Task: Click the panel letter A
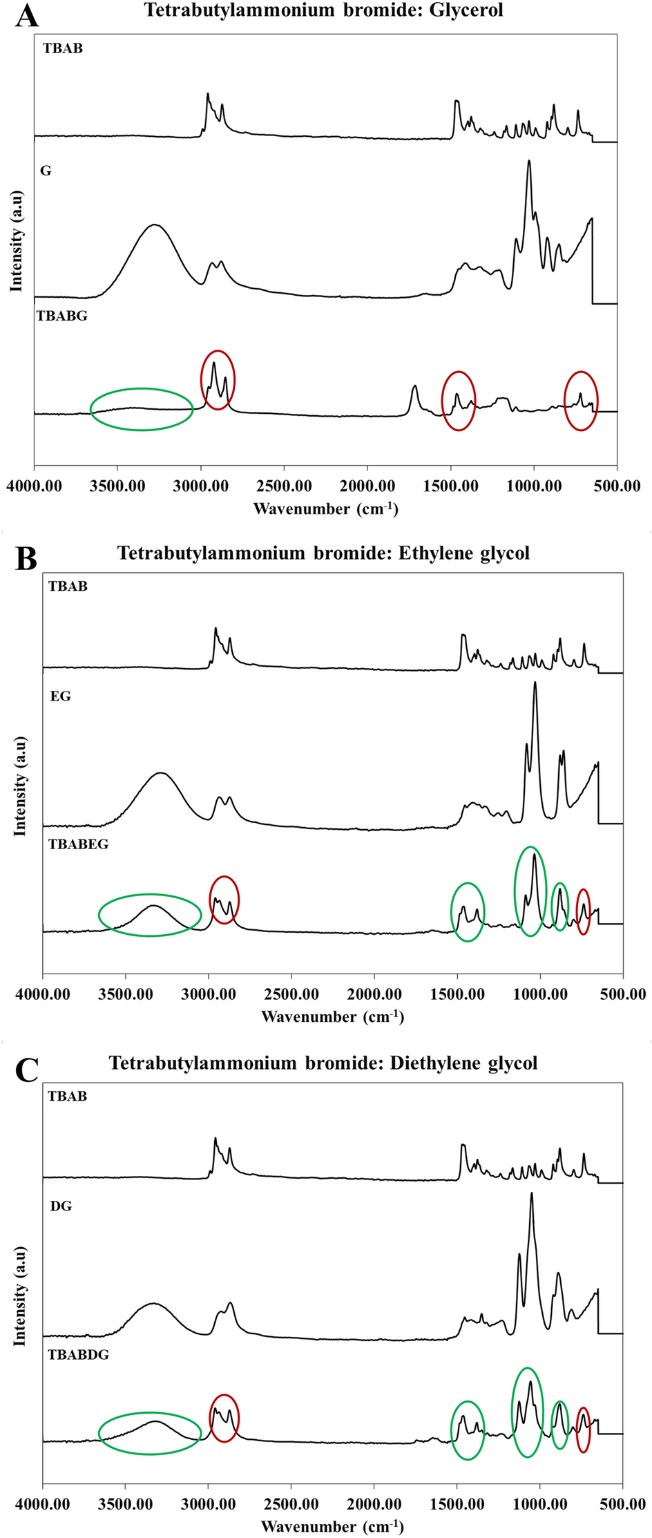tap(26, 15)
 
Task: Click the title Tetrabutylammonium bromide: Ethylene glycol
tap(323, 553)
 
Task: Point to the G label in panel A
tap(46, 171)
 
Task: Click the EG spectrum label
tap(60, 696)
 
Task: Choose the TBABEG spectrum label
tap(78, 844)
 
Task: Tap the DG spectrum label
tap(61, 1206)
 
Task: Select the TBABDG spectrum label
tap(78, 1355)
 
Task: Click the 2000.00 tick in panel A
tap(367, 486)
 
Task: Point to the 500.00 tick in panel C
tap(623, 1505)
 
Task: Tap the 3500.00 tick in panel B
tap(126, 995)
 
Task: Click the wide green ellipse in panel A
tap(142, 409)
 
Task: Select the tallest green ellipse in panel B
tap(530, 891)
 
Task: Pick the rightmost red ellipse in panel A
tap(581, 401)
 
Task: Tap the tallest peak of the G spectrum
tap(529, 161)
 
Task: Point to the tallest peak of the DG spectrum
tap(531, 1193)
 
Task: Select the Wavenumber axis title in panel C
tap(332, 1526)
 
